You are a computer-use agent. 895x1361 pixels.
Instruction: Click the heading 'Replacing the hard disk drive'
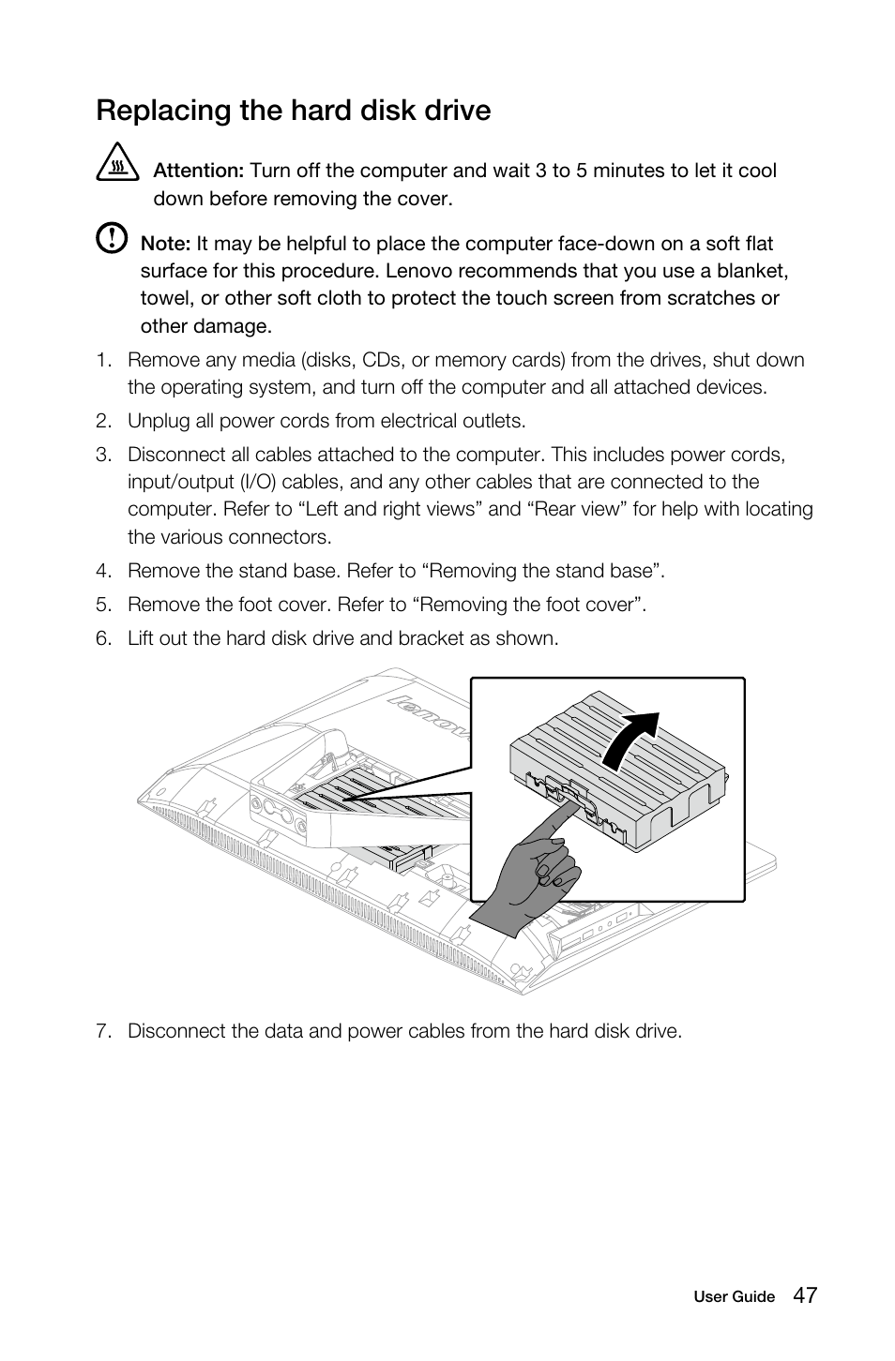(x=293, y=111)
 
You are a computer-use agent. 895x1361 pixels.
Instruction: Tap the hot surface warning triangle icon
(x=116, y=164)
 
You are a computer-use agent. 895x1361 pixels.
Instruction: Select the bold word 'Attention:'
(x=198, y=171)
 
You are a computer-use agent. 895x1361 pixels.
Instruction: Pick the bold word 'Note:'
(x=165, y=244)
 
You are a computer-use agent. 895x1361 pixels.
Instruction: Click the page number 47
(x=804, y=1295)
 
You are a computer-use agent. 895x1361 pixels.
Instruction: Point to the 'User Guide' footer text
(x=734, y=1297)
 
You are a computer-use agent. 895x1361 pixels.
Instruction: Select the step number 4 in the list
(x=103, y=571)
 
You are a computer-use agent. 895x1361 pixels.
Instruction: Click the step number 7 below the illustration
(x=103, y=1031)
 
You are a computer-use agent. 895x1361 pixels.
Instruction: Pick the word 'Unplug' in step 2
(x=157, y=421)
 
